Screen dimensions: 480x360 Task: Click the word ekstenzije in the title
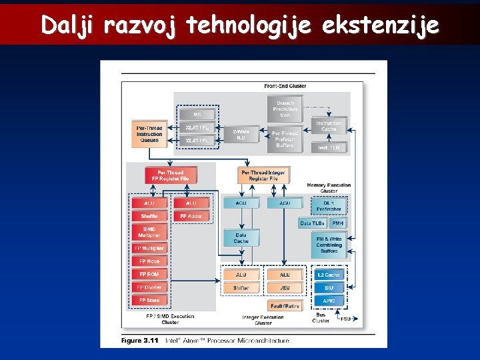pyautogui.click(x=381, y=25)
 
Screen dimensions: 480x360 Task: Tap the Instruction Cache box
pyautogui.click(x=329, y=126)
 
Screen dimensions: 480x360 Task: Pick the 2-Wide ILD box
pyautogui.click(x=241, y=135)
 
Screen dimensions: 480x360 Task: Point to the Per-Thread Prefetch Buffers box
pyautogui.click(x=285, y=139)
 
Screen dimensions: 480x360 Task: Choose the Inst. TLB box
pyautogui.click(x=329, y=147)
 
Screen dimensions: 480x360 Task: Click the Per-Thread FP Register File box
pyautogui.click(x=171, y=176)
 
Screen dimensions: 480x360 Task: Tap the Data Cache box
pyautogui.click(x=241, y=238)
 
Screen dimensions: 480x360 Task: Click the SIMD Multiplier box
pyautogui.click(x=149, y=232)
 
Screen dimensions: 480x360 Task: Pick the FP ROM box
pyautogui.click(x=149, y=274)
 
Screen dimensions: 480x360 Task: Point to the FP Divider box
pyautogui.click(x=149, y=287)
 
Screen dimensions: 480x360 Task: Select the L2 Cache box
pyautogui.click(x=329, y=275)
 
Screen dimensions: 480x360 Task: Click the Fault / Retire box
pyautogui.click(x=285, y=305)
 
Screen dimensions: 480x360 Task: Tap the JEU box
pyautogui.click(x=285, y=288)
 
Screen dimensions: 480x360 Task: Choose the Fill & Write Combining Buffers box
pyautogui.click(x=329, y=245)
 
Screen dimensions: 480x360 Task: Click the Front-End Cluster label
pyautogui.click(x=285, y=86)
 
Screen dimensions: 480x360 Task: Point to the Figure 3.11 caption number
pyautogui.click(x=141, y=340)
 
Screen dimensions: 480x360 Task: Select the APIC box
pyautogui.click(x=329, y=301)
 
